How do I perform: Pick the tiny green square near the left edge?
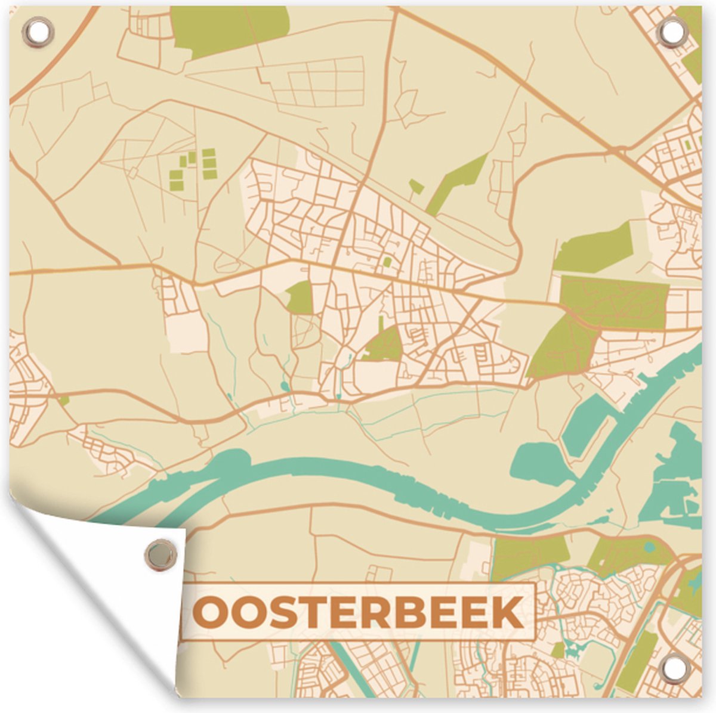click(64, 401)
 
